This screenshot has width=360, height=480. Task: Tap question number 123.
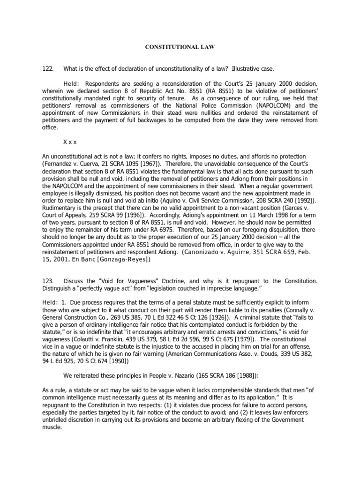[48, 281]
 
